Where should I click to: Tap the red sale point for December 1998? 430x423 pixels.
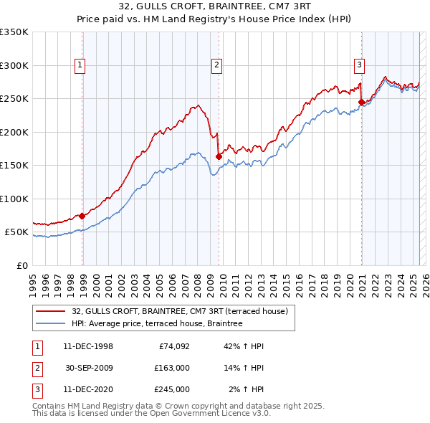coord(82,216)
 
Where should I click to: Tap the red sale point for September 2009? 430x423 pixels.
coord(219,156)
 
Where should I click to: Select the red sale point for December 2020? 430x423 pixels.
coord(361,102)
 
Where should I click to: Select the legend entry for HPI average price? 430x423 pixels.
coord(157,324)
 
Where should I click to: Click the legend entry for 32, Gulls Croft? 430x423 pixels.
coord(179,311)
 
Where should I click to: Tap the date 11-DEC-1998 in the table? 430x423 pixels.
coord(88,346)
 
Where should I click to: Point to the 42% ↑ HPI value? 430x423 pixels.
coord(244,346)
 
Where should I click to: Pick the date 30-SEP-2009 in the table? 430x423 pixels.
coord(88,368)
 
